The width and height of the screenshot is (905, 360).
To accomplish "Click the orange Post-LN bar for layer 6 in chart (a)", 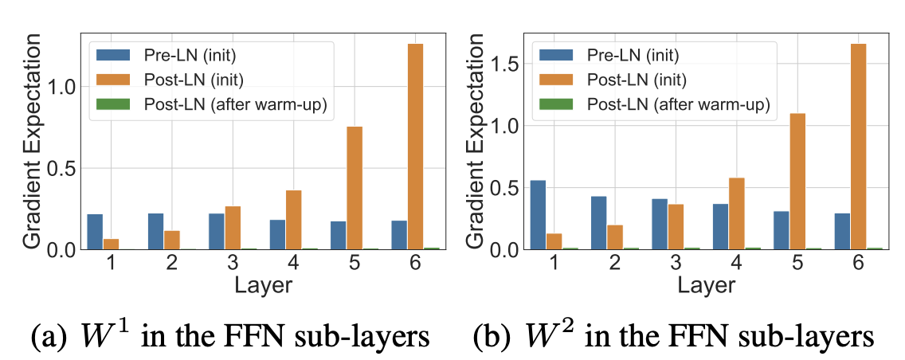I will pos(414,147).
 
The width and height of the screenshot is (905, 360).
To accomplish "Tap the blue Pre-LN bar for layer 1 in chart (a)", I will pos(95,232).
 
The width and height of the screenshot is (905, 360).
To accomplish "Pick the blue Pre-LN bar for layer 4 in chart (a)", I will pos(277,234).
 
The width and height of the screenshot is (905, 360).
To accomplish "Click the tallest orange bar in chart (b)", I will pos(857,147).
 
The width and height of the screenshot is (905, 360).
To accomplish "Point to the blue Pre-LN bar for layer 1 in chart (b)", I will pos(538,215).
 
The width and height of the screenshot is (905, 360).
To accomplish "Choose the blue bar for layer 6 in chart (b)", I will pos(842,231).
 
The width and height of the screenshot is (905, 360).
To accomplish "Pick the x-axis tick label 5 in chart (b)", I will pos(796,263).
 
